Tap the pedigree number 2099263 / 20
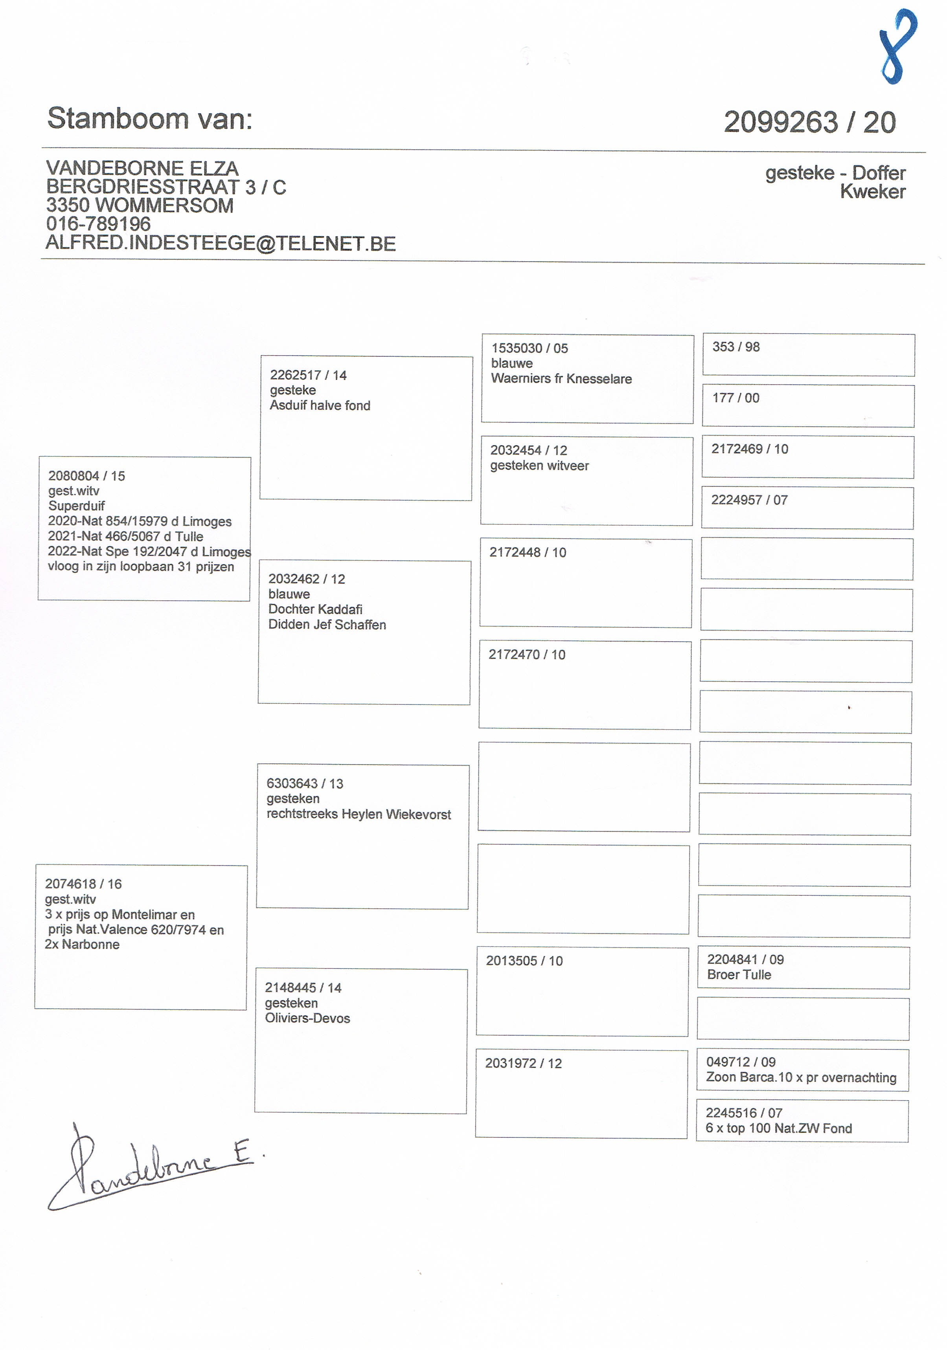point(809,122)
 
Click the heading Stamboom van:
point(150,118)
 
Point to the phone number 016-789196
point(98,224)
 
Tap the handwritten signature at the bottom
point(150,1167)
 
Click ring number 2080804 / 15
point(86,476)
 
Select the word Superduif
point(77,506)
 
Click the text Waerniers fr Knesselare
point(561,379)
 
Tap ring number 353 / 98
point(736,347)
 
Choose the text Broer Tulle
point(739,974)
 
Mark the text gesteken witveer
point(539,466)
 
